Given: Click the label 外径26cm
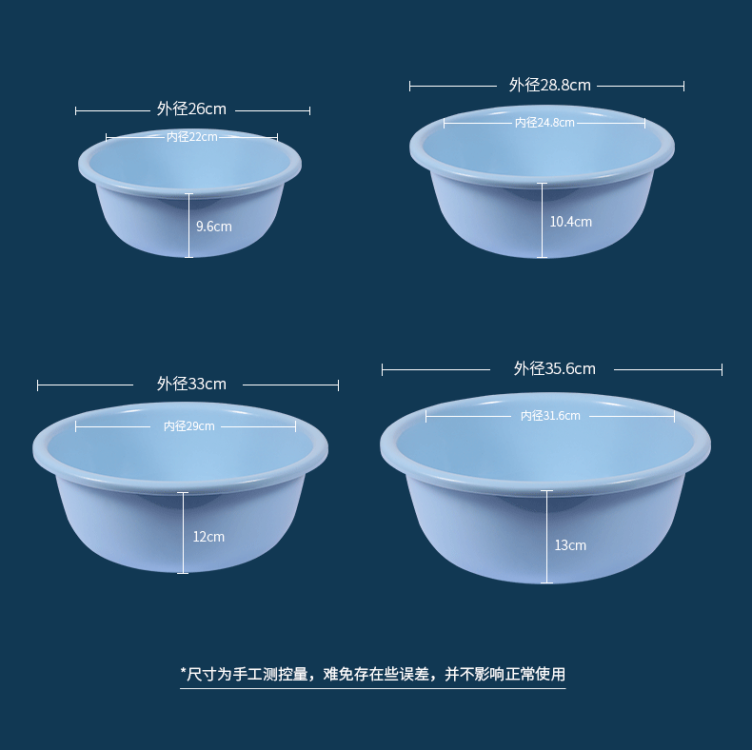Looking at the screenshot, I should coord(191,109).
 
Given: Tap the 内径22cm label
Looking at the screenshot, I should coord(191,137).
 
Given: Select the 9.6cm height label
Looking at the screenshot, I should coord(213,227).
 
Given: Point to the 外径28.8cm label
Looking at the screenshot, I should coord(549,85).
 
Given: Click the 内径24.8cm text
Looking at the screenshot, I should coord(544,123).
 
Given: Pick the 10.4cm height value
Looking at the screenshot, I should coord(570,222).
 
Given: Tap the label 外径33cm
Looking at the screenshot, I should coord(191,385).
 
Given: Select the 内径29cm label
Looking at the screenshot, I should coord(188,426).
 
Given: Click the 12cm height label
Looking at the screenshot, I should coord(208,537).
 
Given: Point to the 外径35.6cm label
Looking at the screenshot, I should coord(554,368).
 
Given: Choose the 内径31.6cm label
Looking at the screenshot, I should coord(550,416).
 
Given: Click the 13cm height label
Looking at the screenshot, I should coord(570,545).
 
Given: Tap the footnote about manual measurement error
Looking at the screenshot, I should coord(372,674).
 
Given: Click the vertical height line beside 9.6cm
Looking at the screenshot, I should coord(188,226).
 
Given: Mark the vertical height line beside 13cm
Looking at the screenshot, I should coord(547,537).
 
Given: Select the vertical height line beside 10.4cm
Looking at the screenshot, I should coord(542,221).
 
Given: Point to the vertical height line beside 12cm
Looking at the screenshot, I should coord(184,533).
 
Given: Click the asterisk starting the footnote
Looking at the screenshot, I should coord(183,673).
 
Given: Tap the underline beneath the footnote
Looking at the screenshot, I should coord(372,688).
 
